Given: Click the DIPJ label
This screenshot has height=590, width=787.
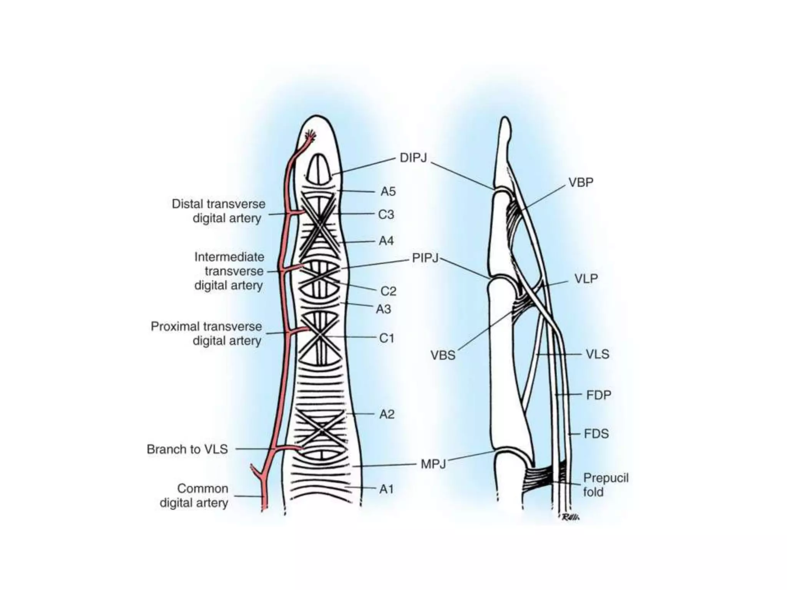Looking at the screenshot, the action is (413, 158).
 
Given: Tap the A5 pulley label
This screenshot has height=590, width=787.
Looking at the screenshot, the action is (388, 191).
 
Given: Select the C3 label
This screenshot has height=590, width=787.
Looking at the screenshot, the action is (386, 214).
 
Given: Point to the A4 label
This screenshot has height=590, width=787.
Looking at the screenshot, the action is (386, 241).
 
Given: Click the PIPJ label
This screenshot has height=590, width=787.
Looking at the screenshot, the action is (425, 258).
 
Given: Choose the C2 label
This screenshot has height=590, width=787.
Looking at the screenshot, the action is (388, 291).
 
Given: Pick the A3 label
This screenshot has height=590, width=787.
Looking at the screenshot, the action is (383, 309).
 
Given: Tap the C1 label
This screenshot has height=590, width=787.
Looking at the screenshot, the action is (387, 338).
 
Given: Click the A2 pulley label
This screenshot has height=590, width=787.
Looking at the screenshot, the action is (387, 414).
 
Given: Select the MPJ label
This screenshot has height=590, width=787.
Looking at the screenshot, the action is (433, 464).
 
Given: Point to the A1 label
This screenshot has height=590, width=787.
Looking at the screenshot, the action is (387, 489).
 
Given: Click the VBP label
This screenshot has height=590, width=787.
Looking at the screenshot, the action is (581, 182).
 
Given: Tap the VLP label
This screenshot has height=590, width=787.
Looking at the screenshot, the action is (586, 278).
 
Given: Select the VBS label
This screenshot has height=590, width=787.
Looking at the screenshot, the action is (443, 355).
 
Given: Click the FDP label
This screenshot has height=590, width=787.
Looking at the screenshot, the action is (598, 395).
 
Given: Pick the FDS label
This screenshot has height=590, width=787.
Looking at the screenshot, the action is (596, 434).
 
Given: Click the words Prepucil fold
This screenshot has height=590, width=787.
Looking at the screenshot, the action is (605, 485).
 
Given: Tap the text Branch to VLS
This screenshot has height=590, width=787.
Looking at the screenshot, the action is (187, 449).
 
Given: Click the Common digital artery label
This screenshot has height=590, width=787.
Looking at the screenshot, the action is (194, 496).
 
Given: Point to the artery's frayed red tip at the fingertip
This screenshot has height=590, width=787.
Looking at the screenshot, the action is (310, 136).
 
